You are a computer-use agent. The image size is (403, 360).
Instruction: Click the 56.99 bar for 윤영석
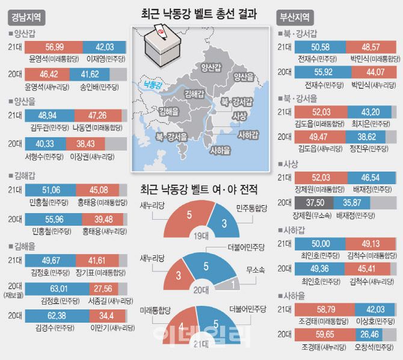click(x=54, y=47)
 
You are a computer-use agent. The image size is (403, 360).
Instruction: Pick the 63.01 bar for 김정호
click(x=66, y=289)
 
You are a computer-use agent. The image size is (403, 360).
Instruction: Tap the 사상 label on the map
click(x=239, y=116)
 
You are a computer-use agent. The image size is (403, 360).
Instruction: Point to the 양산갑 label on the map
click(x=214, y=67)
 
